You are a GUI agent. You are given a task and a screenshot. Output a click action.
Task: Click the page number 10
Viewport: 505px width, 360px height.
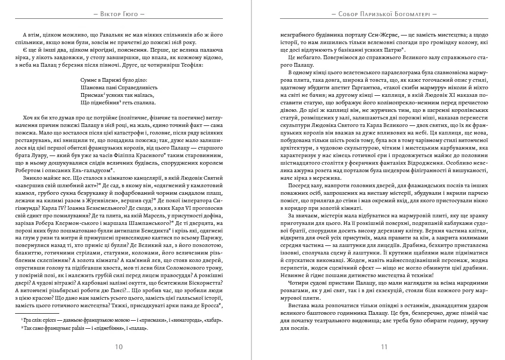click(119, 347)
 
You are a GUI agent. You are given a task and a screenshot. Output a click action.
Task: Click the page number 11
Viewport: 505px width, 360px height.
click(384, 347)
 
